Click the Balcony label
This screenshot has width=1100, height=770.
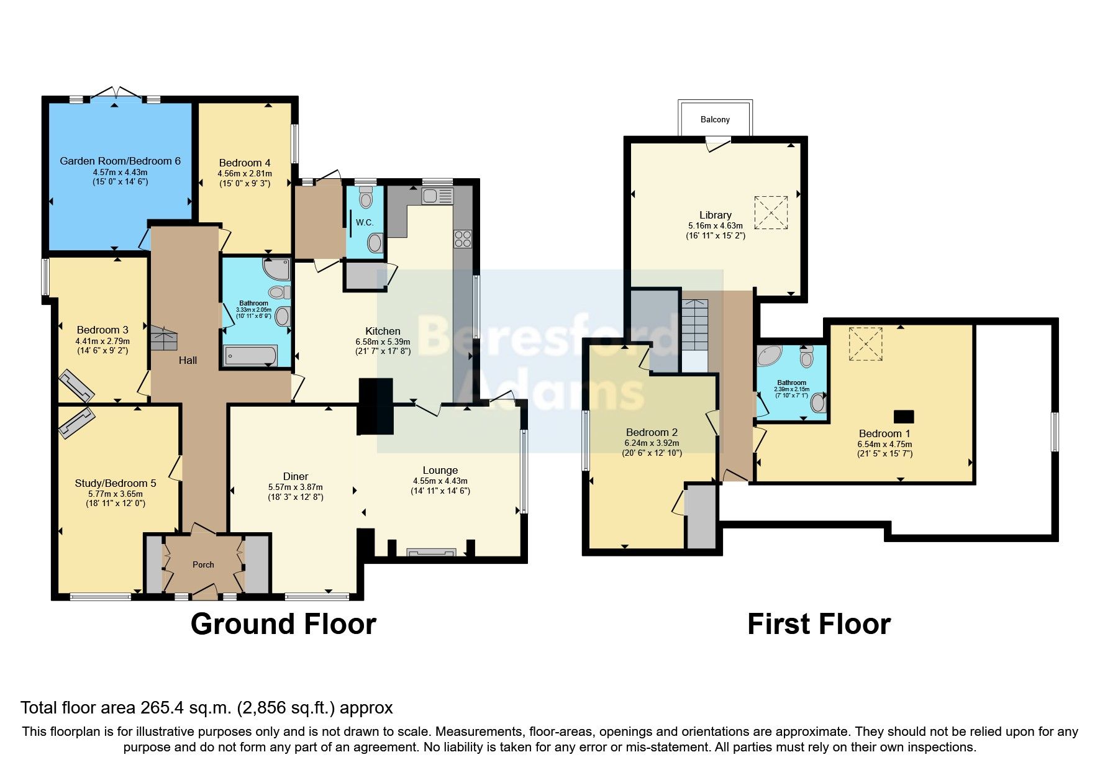pos(715,119)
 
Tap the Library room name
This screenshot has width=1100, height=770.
pos(716,215)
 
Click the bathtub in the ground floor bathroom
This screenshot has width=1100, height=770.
pos(250,356)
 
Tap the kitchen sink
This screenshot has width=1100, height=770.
pos(438,196)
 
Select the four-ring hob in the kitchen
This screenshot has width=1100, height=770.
pos(463,238)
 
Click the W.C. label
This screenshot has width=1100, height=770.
pos(365,222)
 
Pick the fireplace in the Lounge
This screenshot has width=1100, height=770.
pos(431,552)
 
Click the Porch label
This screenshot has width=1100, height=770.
pos(203,564)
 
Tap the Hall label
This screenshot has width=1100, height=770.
pos(188,360)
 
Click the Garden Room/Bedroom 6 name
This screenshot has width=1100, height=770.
pos(120,161)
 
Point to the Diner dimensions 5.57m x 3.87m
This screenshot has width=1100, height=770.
pos(296,487)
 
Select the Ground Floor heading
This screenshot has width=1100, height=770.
pos(283,624)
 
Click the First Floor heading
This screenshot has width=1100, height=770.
pos(819,624)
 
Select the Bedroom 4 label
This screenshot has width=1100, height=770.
pos(245,163)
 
